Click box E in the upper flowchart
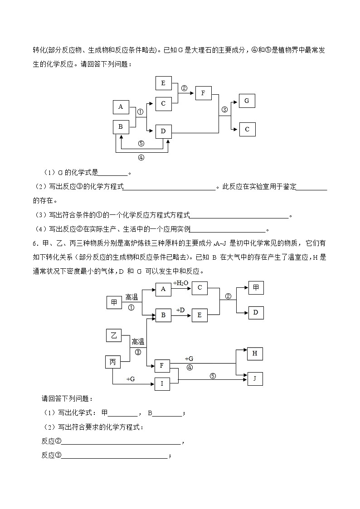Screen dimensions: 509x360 pos(163,83)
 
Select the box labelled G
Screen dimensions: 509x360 pos(247,101)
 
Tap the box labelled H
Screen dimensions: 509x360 pos(255,354)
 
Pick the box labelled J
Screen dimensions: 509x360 pos(255,379)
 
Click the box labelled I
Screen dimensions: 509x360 pos(162,384)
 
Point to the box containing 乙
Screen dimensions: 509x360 pos(114,335)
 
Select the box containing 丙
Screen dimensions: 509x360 pos(113,362)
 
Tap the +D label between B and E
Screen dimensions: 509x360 pos(180,310)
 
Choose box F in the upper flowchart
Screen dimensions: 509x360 pos(204,94)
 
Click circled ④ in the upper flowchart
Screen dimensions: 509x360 pos(141,158)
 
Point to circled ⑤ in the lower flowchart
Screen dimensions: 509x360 pos(213,376)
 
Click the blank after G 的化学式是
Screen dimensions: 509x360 pos(113,173)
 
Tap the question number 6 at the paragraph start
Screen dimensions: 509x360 pos(34,244)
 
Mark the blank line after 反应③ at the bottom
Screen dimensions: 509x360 pos(114,456)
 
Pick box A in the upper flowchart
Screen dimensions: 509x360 pos(121,107)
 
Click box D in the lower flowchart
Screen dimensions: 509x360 pos(256,313)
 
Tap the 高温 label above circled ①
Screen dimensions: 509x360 pos(131,297)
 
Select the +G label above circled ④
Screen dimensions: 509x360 pos(189,359)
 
